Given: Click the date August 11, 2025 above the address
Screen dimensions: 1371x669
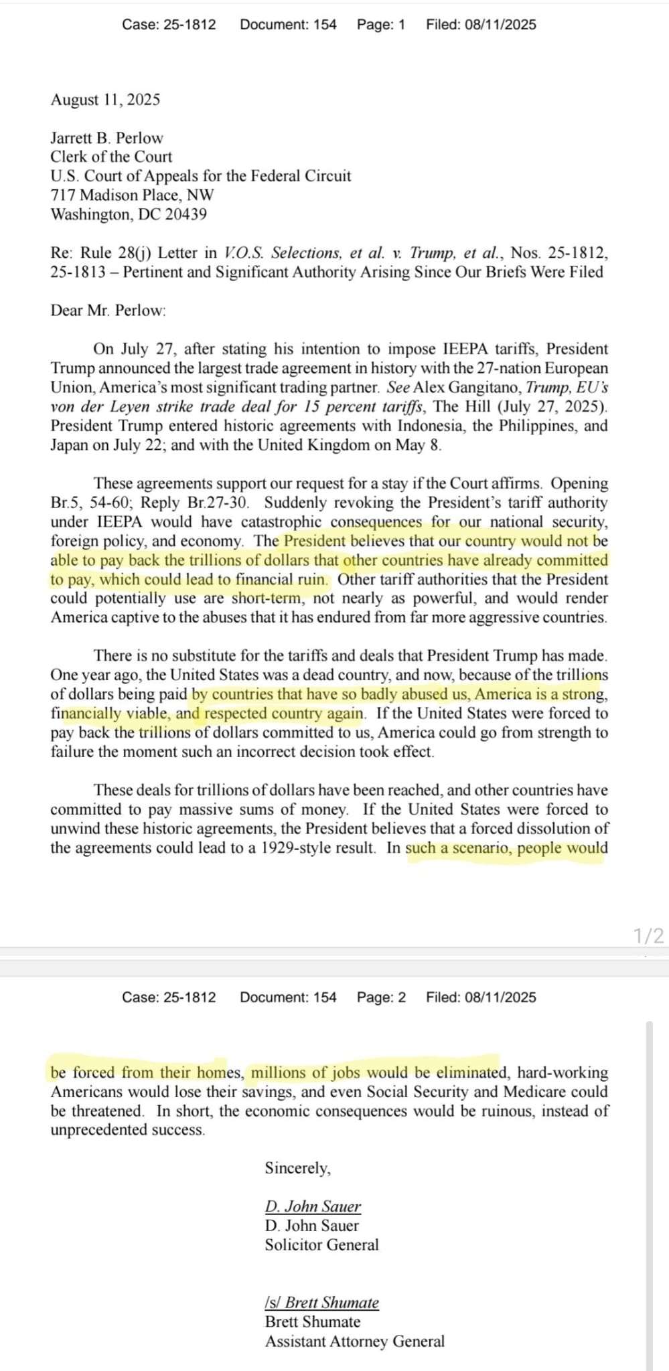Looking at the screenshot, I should pos(105,100).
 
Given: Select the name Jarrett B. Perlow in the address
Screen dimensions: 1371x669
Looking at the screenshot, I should pos(106,138).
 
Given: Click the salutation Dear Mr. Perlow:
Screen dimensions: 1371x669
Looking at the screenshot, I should pos(108,310).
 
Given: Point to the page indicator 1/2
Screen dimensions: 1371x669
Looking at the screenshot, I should pos(648,935).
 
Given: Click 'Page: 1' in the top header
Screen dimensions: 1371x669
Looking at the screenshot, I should pos(380,25).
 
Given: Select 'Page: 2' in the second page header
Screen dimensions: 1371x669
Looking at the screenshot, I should pos(380,997).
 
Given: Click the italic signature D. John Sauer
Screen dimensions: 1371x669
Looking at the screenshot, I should pos(313,1206).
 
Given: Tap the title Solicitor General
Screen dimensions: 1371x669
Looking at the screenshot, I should pos(321,1244).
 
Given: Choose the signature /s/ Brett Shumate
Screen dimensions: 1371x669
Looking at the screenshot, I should pos(321,1302).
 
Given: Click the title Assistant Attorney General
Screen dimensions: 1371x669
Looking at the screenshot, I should pos(354,1341).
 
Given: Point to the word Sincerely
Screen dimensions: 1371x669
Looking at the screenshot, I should pos(297,1168).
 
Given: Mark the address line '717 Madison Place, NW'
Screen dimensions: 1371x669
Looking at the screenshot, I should pos(132,195).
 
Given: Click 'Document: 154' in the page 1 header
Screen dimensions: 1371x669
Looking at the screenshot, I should pos(288,25).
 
